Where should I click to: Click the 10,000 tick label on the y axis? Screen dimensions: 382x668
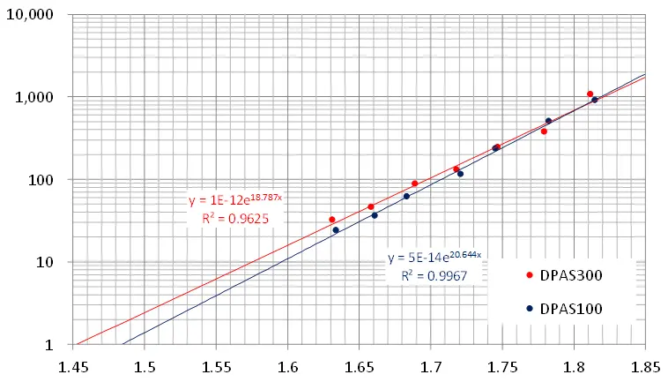(31, 16)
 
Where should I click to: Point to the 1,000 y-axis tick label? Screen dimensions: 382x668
(35, 97)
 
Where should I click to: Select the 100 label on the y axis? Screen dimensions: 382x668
(41, 180)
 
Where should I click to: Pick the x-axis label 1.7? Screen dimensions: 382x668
(431, 364)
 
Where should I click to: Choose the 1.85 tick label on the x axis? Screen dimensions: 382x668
(645, 364)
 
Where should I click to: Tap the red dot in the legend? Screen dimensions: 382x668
(529, 274)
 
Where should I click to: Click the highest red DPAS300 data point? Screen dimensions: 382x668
(590, 94)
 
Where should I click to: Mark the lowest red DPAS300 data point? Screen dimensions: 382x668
(332, 220)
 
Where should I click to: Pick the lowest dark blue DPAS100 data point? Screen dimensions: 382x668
(336, 230)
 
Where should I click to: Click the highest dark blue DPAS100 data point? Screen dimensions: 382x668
(595, 100)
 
